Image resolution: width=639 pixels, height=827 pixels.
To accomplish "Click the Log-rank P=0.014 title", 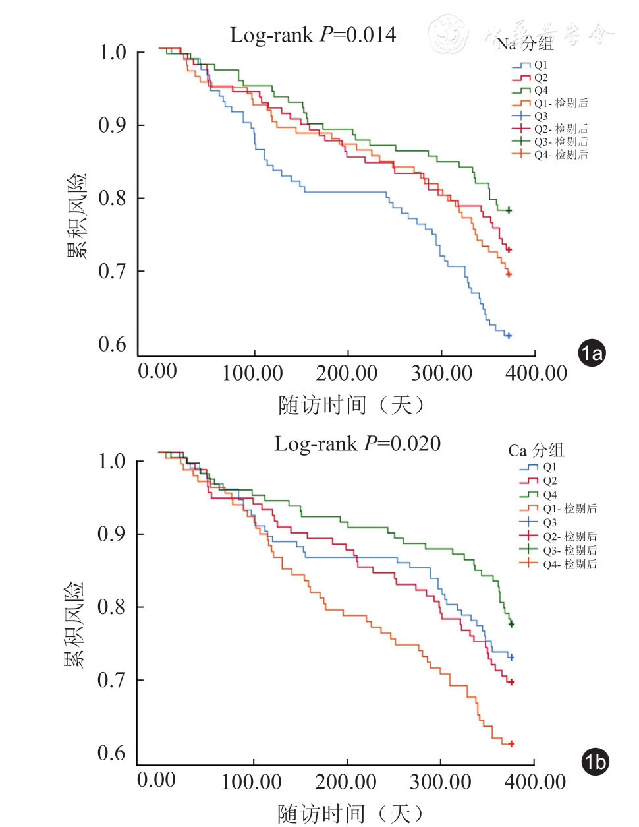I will coord(313,35).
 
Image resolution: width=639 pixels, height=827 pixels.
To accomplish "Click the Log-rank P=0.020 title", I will coord(357,444).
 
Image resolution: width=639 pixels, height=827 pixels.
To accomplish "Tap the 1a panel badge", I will coord(592,353).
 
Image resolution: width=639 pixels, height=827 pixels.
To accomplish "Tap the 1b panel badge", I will coord(595,762).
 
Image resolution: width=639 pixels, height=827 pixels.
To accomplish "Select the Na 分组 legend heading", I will coord(525,44).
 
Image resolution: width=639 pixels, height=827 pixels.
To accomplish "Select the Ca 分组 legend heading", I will coord(536,450).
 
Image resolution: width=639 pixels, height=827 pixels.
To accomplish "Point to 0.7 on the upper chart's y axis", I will coord(112,271).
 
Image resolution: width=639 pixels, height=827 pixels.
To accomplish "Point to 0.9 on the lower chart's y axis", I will coord(111,534).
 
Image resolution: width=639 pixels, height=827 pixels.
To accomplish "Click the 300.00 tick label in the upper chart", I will coord(441,373).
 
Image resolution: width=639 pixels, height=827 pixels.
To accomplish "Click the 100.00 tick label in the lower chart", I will coord(252,782).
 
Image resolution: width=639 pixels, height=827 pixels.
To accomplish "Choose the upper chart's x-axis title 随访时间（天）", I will coord(350,405).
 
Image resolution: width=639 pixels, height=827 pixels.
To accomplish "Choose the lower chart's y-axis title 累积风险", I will coord(74,625).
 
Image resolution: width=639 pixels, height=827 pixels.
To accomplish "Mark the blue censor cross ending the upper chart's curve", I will coord(508,336).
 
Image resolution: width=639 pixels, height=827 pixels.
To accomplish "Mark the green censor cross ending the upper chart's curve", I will coord(508,210).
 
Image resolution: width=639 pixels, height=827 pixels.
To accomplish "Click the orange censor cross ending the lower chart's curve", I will coord(511,743).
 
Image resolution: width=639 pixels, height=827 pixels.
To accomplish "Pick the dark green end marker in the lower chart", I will coord(511,624).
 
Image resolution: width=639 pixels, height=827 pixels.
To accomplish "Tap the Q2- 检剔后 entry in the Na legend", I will coord(561,129).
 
